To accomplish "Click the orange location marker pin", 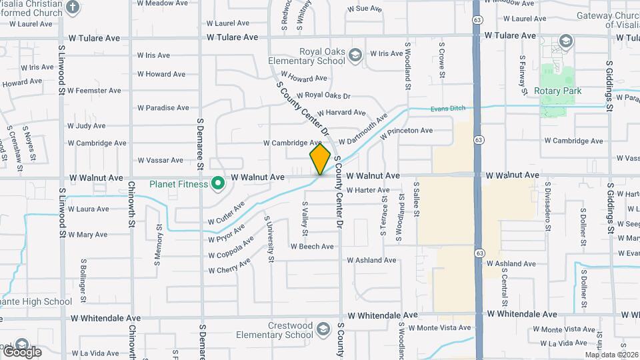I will tap(320, 159).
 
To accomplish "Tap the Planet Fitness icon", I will tap(217, 183).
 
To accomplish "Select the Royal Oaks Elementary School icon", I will tap(355, 55).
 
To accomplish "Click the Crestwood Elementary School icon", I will tap(323, 329).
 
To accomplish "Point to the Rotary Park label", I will tap(558, 91).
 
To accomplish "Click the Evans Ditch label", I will tap(447, 109).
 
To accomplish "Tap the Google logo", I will tap(21, 351).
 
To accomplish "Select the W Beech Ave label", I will tap(312, 247).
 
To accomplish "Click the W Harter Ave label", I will tap(367, 191).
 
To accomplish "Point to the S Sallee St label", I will tap(417, 199).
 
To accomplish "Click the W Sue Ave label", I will tap(364, 9).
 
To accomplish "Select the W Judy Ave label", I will tap(86, 125).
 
